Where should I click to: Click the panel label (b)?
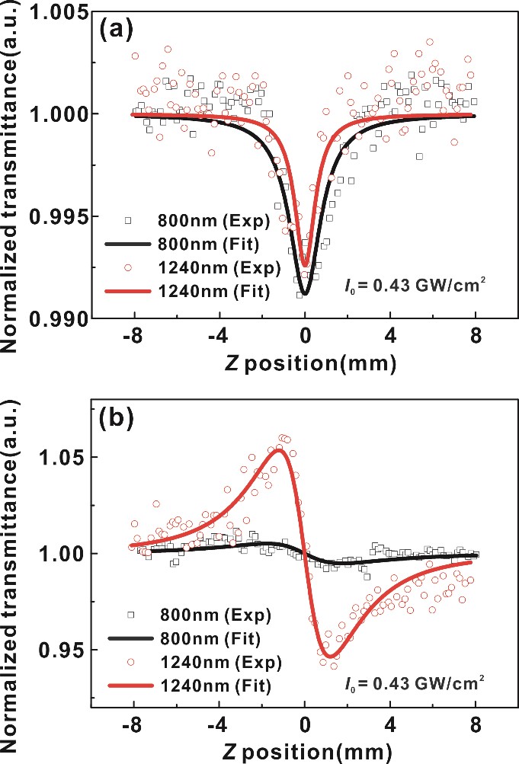pos(116,420)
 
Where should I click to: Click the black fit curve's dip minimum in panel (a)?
pos(305,293)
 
